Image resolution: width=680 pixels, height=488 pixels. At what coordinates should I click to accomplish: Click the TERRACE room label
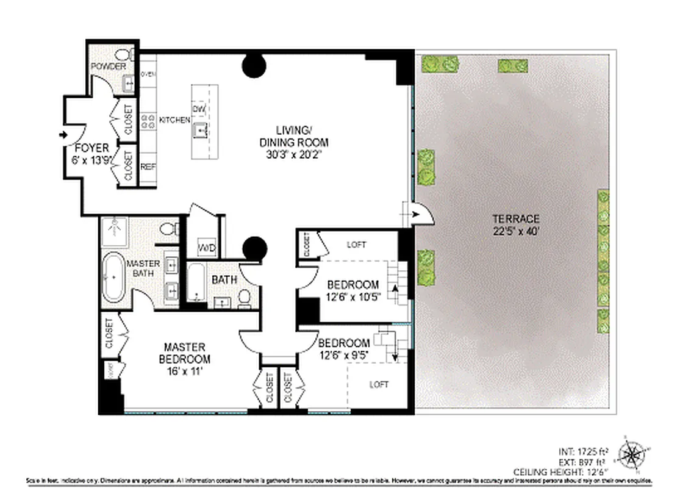[516, 218]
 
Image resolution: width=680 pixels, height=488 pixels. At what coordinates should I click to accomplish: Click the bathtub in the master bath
[113, 278]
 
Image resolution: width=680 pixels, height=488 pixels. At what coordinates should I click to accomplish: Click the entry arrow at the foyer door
[63, 135]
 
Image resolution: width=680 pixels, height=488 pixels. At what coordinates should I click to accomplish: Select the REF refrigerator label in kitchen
[147, 167]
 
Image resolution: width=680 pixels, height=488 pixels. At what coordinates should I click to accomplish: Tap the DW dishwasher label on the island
[199, 109]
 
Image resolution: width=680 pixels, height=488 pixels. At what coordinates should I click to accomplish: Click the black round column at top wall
[254, 65]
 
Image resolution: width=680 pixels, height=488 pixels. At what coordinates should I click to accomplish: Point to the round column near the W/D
[255, 248]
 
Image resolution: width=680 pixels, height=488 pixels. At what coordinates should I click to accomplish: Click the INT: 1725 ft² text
[582, 452]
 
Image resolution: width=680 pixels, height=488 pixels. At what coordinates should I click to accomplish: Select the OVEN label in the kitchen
[148, 74]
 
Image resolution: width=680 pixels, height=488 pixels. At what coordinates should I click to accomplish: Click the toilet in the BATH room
[245, 297]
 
